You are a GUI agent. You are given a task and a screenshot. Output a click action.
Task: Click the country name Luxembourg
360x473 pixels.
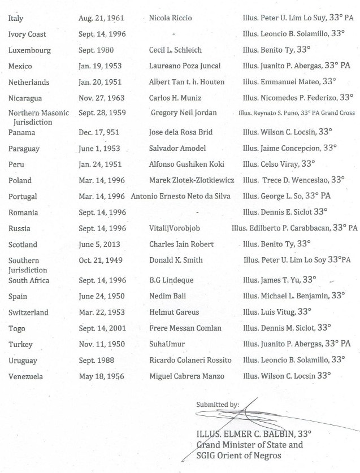(29, 50)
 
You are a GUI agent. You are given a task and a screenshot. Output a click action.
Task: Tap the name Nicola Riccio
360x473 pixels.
(170, 18)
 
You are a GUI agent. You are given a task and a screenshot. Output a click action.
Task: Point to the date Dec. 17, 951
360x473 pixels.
(101, 133)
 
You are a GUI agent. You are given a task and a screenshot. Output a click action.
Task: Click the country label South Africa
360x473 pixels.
(29, 281)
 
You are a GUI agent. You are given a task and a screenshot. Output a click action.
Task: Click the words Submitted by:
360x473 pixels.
(217, 405)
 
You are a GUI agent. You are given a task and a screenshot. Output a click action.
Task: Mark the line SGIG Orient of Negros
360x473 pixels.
(238, 455)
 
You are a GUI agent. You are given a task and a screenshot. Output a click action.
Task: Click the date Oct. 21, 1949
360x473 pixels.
(99, 261)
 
